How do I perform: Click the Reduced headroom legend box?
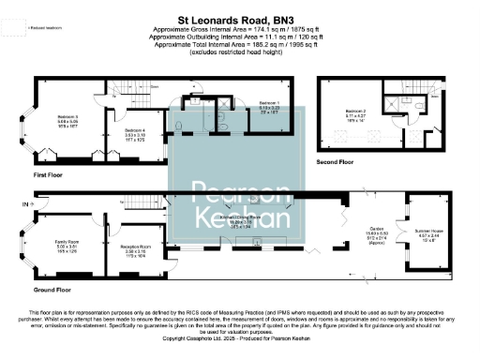[11, 29]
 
